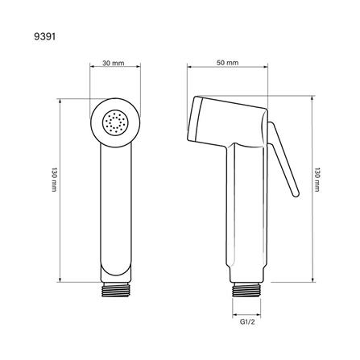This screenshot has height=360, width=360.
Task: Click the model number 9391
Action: pos(44,36)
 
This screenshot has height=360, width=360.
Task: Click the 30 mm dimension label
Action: pos(114,63)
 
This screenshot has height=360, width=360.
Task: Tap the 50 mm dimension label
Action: pos(227,63)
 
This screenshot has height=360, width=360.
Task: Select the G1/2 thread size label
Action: pos(247,322)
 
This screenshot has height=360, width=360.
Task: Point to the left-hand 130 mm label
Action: pos(54,180)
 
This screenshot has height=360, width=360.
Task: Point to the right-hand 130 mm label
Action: pos(317,180)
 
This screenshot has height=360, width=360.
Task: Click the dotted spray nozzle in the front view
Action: pos(115,123)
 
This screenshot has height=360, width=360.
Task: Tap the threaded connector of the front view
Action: pos(116,290)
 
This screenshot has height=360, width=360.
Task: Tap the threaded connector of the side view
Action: pos(246,290)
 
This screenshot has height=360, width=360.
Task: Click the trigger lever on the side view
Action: pos(283,159)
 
